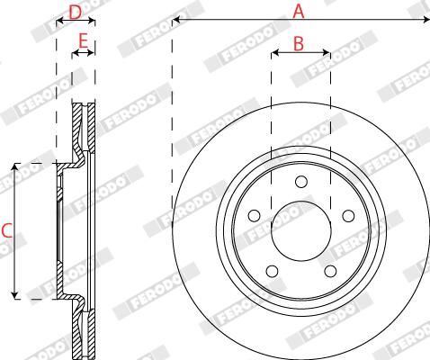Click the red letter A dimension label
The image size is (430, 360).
[x=299, y=11]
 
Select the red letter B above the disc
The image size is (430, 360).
[x=300, y=42]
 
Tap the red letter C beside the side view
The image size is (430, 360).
[x=6, y=230]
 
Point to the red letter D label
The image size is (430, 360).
[x=76, y=11]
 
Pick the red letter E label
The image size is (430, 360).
[x=83, y=41]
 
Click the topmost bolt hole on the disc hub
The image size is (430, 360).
[x=300, y=184]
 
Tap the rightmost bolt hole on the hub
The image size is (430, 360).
[x=346, y=215]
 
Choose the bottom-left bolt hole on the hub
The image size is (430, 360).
[x=271, y=271]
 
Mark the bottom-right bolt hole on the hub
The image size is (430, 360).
[x=329, y=271]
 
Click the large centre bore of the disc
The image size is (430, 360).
[x=300, y=225]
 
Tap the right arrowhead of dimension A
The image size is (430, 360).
[x=425, y=19]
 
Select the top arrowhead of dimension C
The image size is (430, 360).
[x=15, y=167]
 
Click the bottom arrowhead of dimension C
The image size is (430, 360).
[x=15, y=294]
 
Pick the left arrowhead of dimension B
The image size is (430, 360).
[x=273, y=53]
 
